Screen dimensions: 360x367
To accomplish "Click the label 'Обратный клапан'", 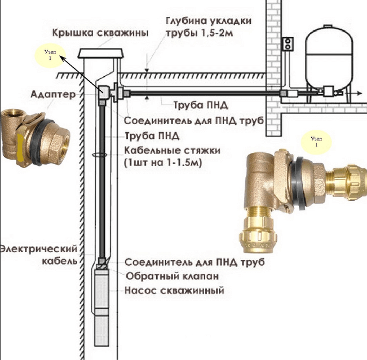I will coord(172,276).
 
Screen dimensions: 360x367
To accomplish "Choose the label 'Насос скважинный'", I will coord(174,291).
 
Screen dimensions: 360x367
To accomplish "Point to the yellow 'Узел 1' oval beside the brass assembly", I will coord(316,141).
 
